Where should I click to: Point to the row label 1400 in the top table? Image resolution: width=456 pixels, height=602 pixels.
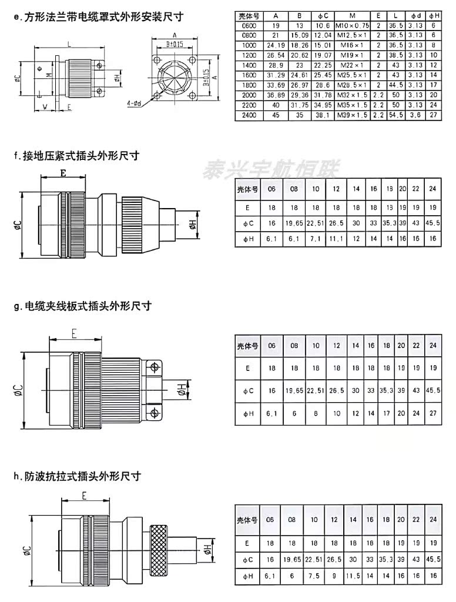coord(249,65)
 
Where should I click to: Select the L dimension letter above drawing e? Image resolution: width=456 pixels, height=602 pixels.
coord(69,44)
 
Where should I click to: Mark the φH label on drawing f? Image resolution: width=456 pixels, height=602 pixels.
coord(192,223)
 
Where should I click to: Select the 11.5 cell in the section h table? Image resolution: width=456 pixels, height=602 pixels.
coord(353,576)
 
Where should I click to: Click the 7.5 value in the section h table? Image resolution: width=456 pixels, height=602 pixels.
coord(314,576)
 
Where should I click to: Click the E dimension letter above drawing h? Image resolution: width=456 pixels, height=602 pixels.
coord(85,496)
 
